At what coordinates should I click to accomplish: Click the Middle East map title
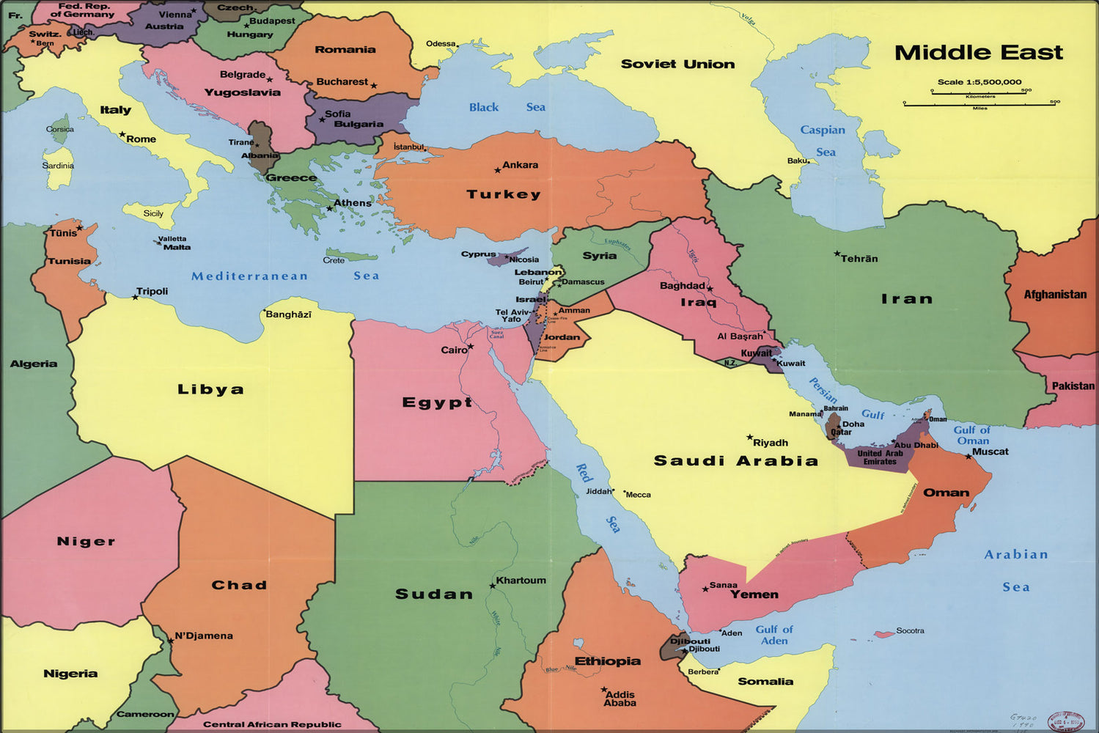[978, 53]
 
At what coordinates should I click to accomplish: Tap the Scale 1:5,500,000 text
[979, 82]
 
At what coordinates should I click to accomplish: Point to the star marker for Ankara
[497, 170]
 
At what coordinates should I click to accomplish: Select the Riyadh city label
[771, 443]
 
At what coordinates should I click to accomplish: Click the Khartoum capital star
[493, 586]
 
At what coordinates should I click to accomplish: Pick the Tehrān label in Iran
[859, 259]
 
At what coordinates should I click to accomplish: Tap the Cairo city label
[454, 350]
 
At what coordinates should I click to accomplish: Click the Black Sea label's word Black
[484, 107]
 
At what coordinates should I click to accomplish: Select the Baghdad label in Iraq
[682, 286]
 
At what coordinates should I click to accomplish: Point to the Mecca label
[638, 495]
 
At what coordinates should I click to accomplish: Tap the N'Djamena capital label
[204, 636]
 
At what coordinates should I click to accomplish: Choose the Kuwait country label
[756, 353]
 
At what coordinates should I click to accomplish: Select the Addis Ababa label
[620, 699]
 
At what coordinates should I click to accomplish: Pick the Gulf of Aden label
[774, 635]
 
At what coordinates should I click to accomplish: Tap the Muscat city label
[990, 452]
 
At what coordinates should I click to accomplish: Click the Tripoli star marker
[135, 297]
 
